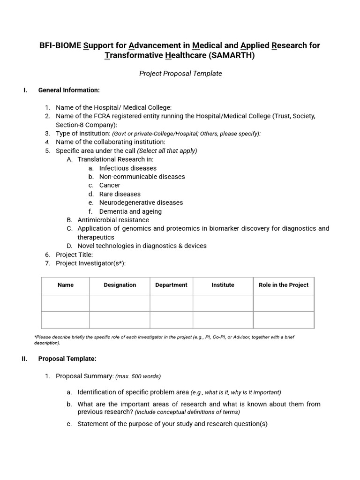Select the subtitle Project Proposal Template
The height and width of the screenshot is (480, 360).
point(180,74)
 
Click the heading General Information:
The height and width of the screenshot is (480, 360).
point(69,90)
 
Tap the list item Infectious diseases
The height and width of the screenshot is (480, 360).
point(128,168)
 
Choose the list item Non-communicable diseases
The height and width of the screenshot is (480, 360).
point(142,177)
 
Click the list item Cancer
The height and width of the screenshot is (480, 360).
point(110,185)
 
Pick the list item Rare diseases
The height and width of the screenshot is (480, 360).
point(120,194)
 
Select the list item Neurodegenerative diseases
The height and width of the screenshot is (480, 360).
point(141,202)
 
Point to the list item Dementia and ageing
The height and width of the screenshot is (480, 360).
point(130,211)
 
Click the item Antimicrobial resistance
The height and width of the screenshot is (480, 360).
point(113,220)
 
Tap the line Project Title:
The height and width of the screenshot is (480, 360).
point(74,255)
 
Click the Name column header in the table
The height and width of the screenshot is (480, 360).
point(66,285)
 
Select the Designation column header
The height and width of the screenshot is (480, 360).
point(120,285)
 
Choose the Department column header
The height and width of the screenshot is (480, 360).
point(171,285)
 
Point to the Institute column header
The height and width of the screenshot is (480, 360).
point(223,285)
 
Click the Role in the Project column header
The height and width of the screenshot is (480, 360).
point(284,285)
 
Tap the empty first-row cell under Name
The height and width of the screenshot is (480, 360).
point(66,303)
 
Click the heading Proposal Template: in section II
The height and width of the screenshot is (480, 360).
point(67,359)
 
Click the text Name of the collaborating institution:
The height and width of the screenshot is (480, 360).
point(110,142)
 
